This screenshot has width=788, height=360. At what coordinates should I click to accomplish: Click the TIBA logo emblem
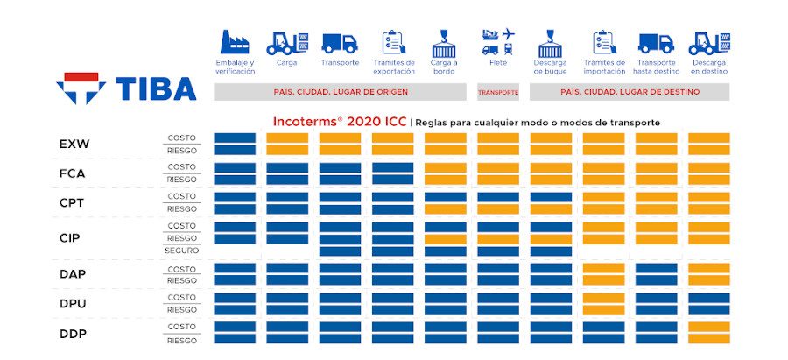click(81, 88)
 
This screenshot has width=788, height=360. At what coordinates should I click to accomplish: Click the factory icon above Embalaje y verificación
click(235, 42)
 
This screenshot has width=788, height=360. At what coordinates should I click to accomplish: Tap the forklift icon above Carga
click(286, 42)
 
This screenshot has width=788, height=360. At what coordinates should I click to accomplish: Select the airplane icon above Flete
click(506, 34)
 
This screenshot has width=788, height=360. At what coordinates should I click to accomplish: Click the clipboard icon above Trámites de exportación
click(392, 42)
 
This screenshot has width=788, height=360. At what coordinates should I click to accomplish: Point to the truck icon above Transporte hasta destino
click(656, 42)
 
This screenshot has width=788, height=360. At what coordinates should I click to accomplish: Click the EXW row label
click(74, 144)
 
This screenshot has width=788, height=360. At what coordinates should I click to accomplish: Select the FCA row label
click(74, 173)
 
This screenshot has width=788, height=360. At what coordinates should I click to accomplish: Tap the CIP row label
click(71, 237)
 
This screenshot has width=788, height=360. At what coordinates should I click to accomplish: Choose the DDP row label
click(74, 333)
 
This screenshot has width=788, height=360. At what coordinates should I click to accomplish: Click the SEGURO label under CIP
click(181, 251)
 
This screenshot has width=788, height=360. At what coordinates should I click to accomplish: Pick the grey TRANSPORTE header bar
click(497, 92)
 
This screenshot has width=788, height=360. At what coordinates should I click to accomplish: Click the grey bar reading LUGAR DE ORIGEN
click(340, 92)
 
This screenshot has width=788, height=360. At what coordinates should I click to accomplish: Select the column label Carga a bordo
click(445, 67)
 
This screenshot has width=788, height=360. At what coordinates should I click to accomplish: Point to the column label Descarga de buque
click(551, 67)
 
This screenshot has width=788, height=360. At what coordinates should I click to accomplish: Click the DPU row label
click(74, 303)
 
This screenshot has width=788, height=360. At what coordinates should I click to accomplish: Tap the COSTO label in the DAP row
click(181, 269)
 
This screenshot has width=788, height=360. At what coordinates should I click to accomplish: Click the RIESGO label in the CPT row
click(181, 209)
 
